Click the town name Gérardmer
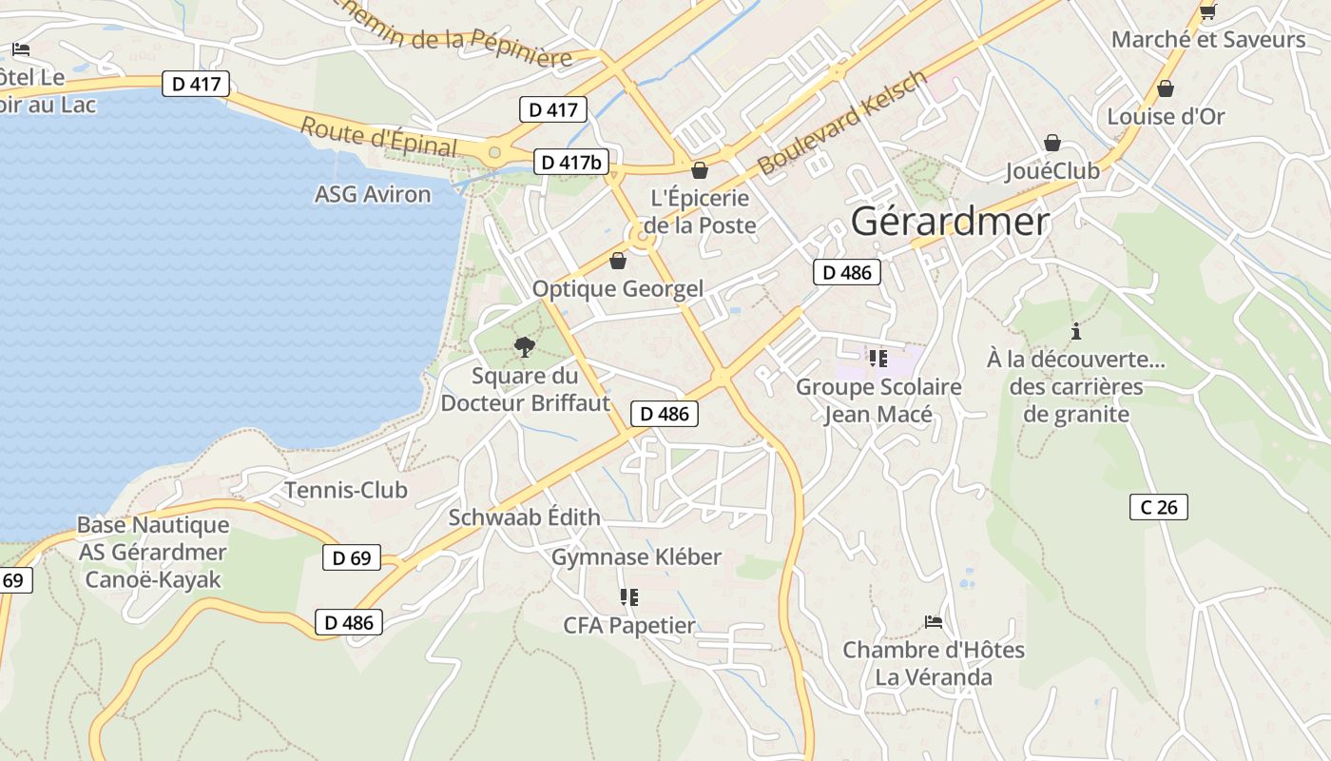click(950, 222)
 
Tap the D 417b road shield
click(571, 163)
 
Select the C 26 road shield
click(1159, 507)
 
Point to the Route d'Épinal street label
click(378, 137)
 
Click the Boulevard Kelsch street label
click(841, 123)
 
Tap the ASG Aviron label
click(373, 194)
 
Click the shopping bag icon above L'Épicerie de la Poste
click(700, 171)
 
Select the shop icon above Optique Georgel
click(618, 261)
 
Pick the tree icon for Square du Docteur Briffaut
click(524, 347)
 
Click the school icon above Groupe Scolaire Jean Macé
click(878, 359)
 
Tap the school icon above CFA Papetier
click(628, 597)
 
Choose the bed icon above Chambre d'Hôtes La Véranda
click(934, 622)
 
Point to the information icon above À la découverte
click(1076, 332)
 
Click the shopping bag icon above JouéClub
click(1052, 144)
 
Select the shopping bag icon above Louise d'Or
click(1166, 89)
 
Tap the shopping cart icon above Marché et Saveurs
click(1208, 11)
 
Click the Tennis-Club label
click(346, 490)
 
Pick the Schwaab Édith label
click(524, 517)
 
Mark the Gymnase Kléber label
click(636, 556)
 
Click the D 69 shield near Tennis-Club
click(352, 558)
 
